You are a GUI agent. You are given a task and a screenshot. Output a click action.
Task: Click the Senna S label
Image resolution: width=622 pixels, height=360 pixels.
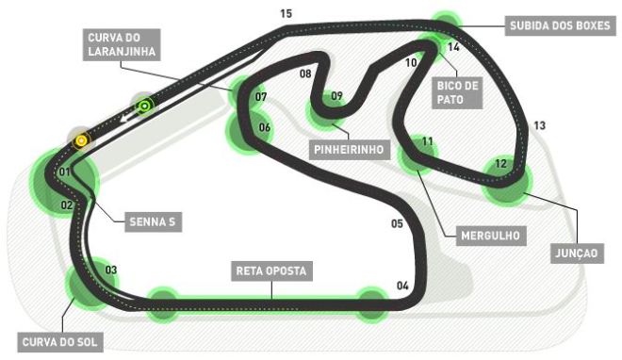click(x=152, y=223)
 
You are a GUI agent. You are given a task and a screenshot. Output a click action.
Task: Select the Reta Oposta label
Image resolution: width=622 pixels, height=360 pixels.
click(x=271, y=271)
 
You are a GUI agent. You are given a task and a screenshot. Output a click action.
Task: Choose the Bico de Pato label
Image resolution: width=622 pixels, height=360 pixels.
click(x=459, y=90)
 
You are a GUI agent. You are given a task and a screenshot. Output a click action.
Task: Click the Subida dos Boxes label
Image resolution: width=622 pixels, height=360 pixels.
click(x=557, y=25)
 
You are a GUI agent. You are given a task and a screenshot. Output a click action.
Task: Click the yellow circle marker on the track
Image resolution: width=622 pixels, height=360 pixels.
click(x=82, y=140)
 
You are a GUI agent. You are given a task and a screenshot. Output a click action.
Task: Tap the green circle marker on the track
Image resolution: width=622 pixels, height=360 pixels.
click(x=144, y=106)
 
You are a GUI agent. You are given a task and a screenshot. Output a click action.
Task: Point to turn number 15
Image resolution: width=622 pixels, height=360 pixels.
click(x=286, y=13)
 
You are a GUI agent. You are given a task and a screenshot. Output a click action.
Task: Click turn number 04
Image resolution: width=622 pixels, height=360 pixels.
click(x=402, y=286)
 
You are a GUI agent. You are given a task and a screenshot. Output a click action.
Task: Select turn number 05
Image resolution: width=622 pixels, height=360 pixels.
click(x=397, y=223)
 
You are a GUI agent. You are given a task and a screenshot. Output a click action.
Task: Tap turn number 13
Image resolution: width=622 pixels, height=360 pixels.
click(x=539, y=125)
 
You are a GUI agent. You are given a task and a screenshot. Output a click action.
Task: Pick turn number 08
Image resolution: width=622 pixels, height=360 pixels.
click(x=305, y=73)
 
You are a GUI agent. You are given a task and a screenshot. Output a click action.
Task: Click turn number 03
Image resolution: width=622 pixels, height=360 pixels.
click(x=111, y=270)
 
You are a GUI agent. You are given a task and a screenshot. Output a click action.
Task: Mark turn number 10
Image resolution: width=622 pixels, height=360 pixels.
click(x=411, y=62)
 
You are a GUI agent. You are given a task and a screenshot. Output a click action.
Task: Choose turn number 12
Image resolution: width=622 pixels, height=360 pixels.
click(x=501, y=163)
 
